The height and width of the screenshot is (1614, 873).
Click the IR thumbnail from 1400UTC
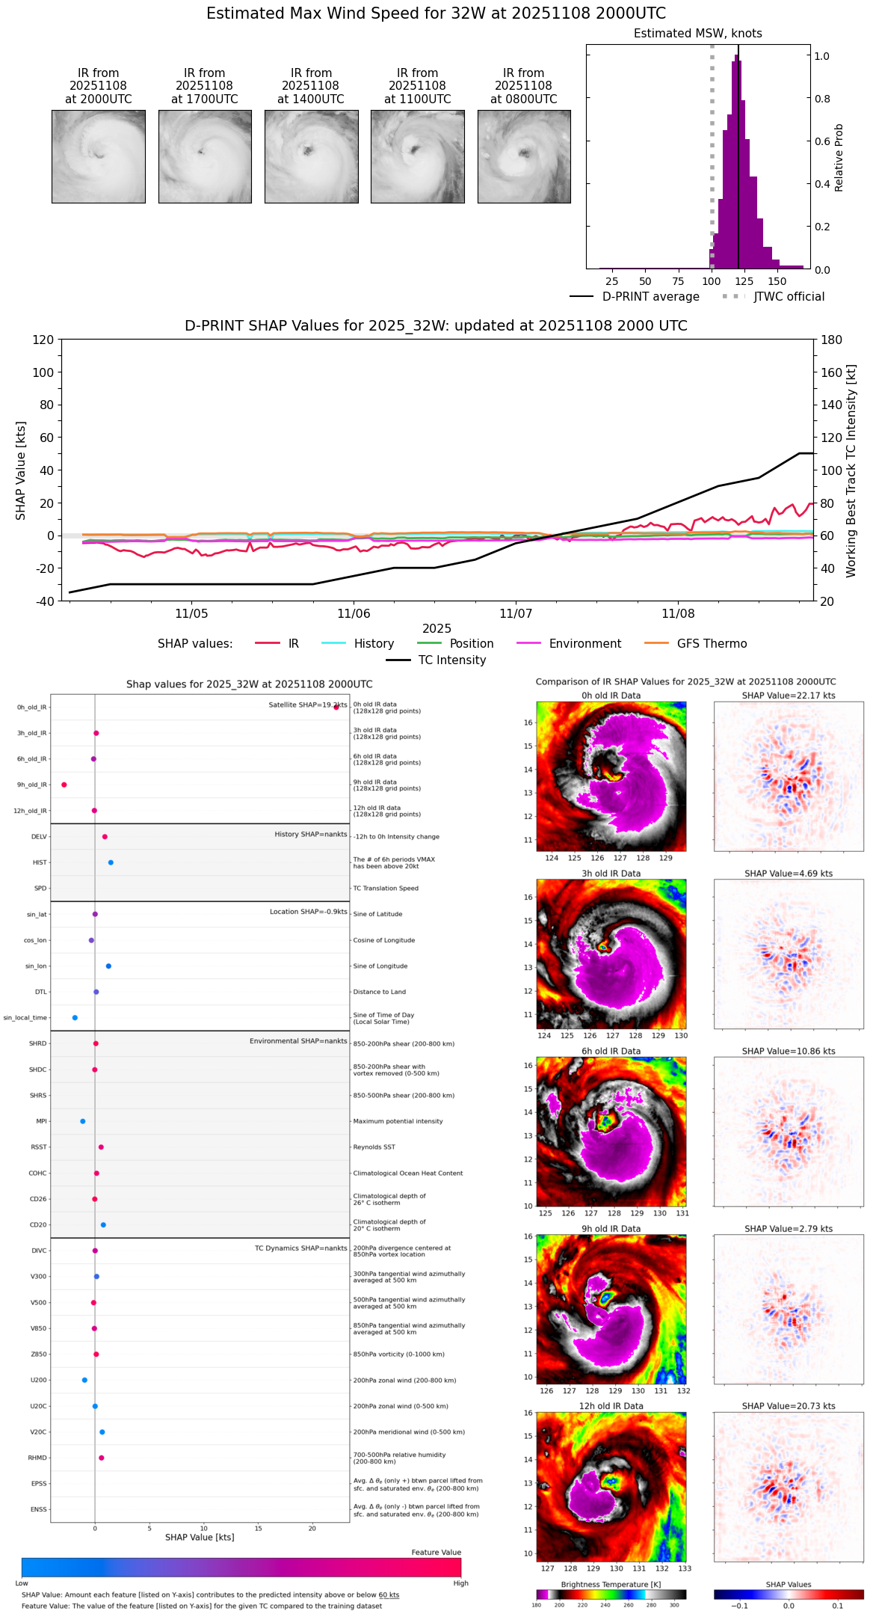click(x=311, y=156)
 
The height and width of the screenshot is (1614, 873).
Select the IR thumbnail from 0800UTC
click(x=524, y=156)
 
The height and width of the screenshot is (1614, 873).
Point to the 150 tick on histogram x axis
click(x=777, y=282)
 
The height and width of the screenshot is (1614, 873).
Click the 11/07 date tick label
click(x=516, y=614)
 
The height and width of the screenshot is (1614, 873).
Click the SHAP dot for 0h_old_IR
click(x=336, y=707)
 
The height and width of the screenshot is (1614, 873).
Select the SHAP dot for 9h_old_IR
click(x=64, y=785)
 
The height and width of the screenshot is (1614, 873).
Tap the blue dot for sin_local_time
click(x=75, y=1018)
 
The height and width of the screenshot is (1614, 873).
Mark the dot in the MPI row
click(x=83, y=1121)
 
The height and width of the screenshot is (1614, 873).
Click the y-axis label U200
click(x=38, y=1380)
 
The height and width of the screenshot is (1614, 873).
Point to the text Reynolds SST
click(x=374, y=1147)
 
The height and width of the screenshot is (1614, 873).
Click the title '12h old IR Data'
click(x=611, y=1406)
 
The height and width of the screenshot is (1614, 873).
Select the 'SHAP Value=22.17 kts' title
click(x=789, y=696)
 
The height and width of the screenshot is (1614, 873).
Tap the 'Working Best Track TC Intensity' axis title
click(x=851, y=471)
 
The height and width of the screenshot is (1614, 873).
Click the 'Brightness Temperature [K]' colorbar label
click(x=611, y=1584)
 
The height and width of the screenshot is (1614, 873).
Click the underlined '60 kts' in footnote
click(x=389, y=1595)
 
